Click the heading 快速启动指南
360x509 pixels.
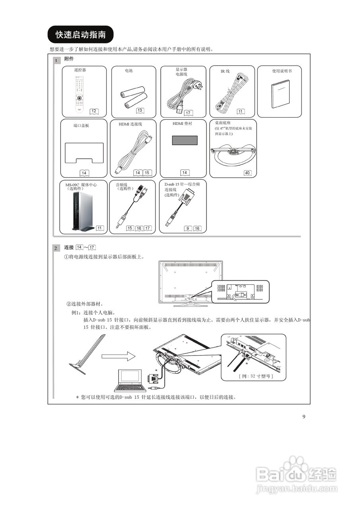pos(80,35)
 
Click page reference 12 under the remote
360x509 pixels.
pos(94,111)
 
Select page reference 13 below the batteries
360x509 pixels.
pos(140,110)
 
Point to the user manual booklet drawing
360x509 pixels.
pos(280,94)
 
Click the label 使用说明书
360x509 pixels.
pos(282,71)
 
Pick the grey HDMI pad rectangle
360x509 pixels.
pos(185,141)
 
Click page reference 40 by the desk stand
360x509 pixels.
pos(247,173)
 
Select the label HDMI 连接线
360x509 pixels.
pos(130,124)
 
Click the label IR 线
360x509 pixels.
pos(225,71)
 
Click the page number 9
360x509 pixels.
pos(304,416)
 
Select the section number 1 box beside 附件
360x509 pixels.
pos(56,61)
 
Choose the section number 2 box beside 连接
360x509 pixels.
pos(56,249)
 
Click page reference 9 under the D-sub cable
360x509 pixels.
pos(187,228)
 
